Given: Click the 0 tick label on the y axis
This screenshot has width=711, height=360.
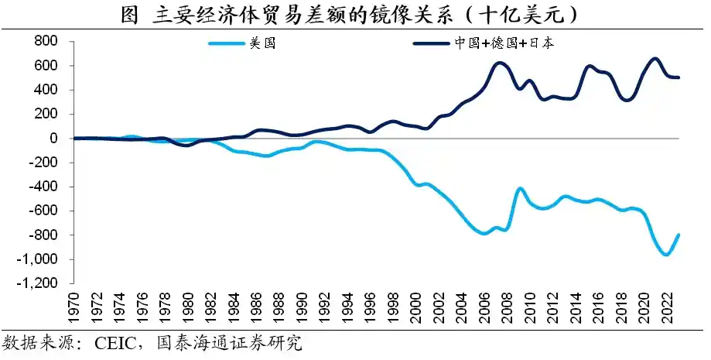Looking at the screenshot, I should pyautogui.click(x=55, y=139).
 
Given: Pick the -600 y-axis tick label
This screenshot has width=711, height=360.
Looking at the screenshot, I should pyautogui.click(x=45, y=211).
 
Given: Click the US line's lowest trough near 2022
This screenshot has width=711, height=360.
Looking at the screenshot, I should pyautogui.click(x=666, y=254).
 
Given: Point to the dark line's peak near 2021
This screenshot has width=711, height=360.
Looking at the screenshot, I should pyautogui.click(x=655, y=59).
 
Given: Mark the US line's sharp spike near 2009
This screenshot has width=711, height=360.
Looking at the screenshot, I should pyautogui.click(x=519, y=188).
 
